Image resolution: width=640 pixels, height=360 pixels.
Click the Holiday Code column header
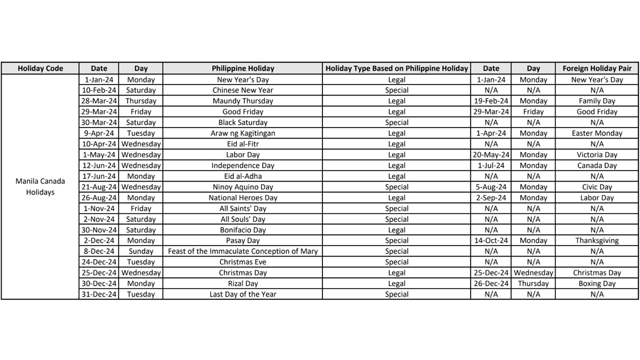pyautogui.click(x=40, y=68)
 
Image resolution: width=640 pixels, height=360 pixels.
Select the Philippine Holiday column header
pyautogui.click(x=242, y=68)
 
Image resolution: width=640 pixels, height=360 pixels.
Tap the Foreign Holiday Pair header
pyautogui.click(x=597, y=68)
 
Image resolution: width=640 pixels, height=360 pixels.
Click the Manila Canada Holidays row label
pyautogui.click(x=40, y=187)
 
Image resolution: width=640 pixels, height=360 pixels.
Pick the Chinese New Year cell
pyautogui.click(x=242, y=90)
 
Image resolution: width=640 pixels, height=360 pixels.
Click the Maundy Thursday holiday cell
pyautogui.click(x=242, y=101)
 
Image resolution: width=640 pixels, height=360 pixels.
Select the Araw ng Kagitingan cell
pyautogui.click(x=242, y=133)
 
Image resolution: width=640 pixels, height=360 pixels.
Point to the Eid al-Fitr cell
pyautogui.click(x=242, y=144)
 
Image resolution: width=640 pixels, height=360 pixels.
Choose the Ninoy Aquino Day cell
pyautogui.click(x=242, y=187)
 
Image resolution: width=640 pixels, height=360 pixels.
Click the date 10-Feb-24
pyautogui.click(x=99, y=90)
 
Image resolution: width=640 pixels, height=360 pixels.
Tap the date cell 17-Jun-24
pyautogui.click(x=99, y=176)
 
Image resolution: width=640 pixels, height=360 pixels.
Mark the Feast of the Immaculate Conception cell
pyautogui.click(x=242, y=251)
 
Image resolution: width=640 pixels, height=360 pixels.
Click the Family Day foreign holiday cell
pyautogui.click(x=597, y=101)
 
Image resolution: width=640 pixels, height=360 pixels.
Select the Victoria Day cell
pyautogui.click(x=597, y=155)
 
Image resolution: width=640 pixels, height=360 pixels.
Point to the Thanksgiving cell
pyautogui.click(x=597, y=240)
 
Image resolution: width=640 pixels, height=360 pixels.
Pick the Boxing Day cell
pyautogui.click(x=597, y=283)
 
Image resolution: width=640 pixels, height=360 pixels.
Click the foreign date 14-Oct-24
pyautogui.click(x=490, y=240)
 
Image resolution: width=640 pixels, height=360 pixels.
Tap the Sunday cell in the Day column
pyautogui.click(x=140, y=251)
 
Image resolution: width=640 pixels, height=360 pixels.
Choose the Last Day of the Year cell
pyautogui.click(x=242, y=294)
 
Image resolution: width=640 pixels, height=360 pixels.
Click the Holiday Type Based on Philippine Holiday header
pyautogui.click(x=396, y=68)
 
